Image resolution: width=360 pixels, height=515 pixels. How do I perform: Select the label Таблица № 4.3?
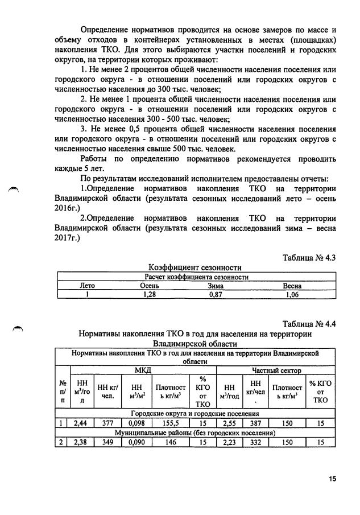click(x=309, y=258)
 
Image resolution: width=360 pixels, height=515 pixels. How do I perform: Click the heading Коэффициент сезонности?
click(x=195, y=267)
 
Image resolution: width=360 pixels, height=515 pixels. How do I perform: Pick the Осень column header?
click(x=148, y=286)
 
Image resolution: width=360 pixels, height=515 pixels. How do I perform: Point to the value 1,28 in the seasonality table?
click(x=148, y=295)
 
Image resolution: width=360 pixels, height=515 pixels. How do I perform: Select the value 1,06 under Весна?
click(x=292, y=295)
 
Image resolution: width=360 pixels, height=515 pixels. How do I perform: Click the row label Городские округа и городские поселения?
click(x=195, y=413)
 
